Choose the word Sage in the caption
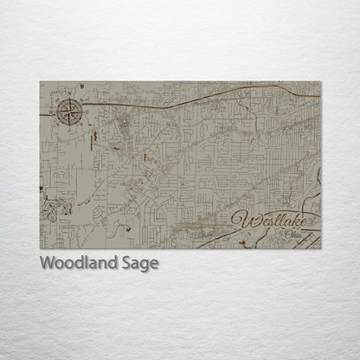[139, 264]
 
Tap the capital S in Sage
[126, 263]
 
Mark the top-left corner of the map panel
[40, 81]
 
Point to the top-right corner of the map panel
[320, 81]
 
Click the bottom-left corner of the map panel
[40, 248]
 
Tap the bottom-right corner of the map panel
[320, 248]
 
